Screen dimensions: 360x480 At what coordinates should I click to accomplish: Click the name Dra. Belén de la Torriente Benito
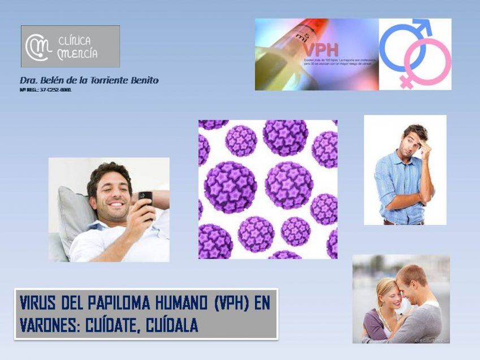(x=89, y=80)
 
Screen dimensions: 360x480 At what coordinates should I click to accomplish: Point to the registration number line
(x=45, y=90)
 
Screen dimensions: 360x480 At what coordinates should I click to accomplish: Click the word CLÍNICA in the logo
(x=74, y=41)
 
